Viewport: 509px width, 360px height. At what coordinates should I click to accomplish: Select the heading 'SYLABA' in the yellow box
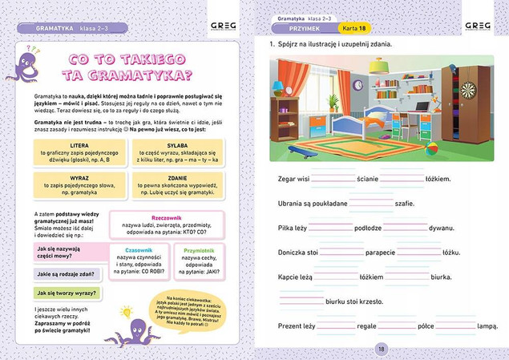click(178, 146)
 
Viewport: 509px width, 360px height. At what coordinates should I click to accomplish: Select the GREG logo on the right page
click(478, 26)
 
